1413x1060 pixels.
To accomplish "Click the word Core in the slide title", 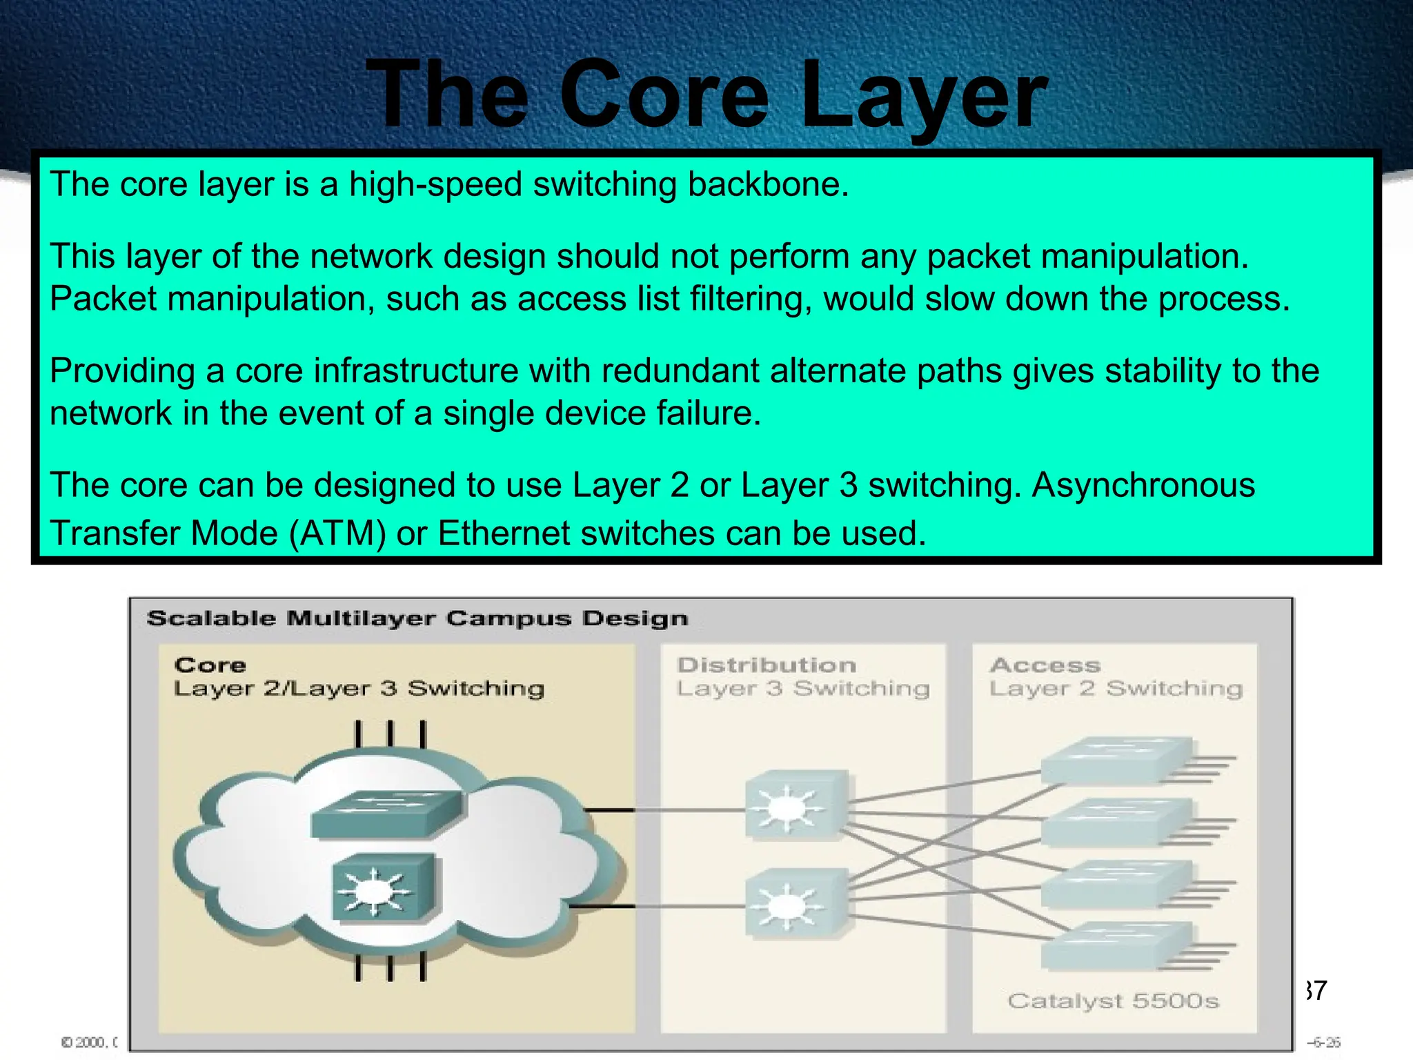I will click(664, 95).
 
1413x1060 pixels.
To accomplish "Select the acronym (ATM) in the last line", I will click(337, 533).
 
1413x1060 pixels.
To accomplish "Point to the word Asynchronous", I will click(1143, 484).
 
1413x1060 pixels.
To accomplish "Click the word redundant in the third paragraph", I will click(680, 371).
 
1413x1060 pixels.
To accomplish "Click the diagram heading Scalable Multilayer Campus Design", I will click(417, 618).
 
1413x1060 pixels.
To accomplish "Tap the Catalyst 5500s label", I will click(1113, 1001).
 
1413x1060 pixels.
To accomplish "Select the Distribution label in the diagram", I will click(767, 665).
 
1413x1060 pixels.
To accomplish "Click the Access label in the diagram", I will click(1045, 665).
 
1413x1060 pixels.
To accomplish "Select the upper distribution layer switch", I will click(796, 805).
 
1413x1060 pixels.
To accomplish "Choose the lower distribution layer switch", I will click(796, 903).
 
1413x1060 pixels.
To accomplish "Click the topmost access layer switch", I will click(1115, 760).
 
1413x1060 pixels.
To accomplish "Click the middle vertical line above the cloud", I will click(390, 734).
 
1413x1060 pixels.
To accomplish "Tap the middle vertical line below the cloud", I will click(390, 967).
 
